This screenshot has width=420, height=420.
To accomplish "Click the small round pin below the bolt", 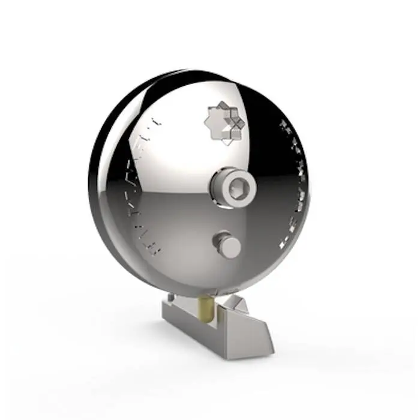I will [x=228, y=245].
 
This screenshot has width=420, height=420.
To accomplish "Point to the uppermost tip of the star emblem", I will [x=223, y=103].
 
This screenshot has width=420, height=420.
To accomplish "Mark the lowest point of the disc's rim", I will [x=204, y=296].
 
